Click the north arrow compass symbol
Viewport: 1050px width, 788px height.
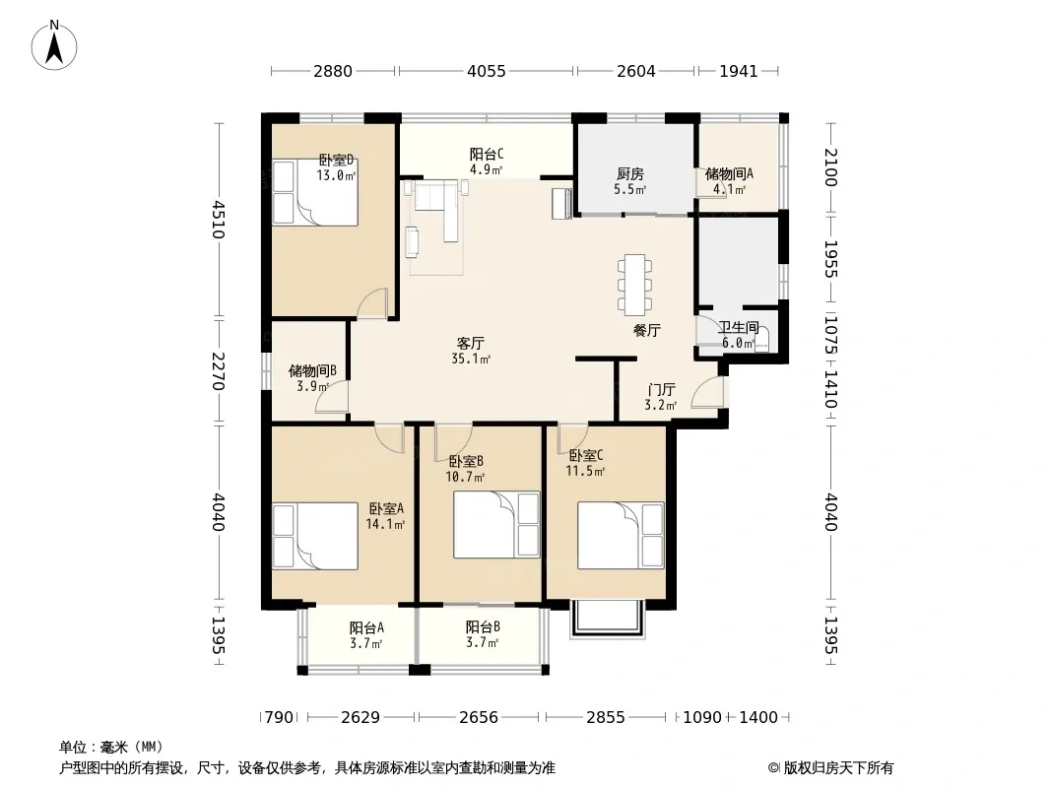(x=54, y=44)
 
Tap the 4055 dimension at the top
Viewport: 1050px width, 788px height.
(x=487, y=71)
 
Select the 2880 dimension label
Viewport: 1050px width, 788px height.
(x=333, y=71)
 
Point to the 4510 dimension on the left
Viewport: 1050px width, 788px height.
(x=218, y=220)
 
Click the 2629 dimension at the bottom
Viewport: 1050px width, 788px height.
(x=361, y=718)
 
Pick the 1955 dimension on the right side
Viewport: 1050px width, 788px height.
(x=830, y=258)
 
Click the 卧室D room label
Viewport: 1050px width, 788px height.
(x=336, y=161)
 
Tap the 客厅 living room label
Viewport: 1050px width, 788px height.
(x=470, y=344)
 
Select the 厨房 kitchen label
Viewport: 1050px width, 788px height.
(x=630, y=174)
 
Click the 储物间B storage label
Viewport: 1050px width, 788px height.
(x=312, y=371)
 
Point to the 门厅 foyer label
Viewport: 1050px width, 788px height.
(x=661, y=390)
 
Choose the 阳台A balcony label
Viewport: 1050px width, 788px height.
(x=366, y=628)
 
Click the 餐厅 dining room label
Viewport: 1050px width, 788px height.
(x=647, y=330)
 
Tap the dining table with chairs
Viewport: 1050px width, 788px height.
(x=634, y=285)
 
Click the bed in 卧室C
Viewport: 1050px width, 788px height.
(x=621, y=536)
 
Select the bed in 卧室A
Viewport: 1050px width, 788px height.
(x=315, y=536)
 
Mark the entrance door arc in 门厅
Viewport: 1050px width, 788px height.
(x=707, y=392)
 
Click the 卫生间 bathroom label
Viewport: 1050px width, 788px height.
(x=739, y=327)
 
